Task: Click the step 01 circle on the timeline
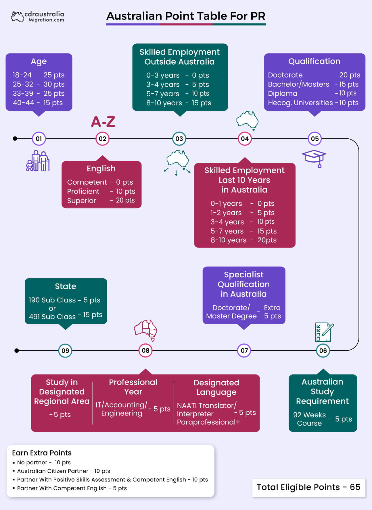(x=39, y=139)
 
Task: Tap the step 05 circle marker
(x=315, y=139)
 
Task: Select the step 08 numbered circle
(x=145, y=350)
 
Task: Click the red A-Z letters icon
(x=103, y=122)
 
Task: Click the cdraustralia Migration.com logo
(x=37, y=16)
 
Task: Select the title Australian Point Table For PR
(x=186, y=16)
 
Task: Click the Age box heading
(x=39, y=61)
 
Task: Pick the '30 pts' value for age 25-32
(x=54, y=84)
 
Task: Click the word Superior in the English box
(x=81, y=200)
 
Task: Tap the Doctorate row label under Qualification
(x=285, y=75)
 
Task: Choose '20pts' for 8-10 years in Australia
(x=267, y=240)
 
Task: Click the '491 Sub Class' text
(x=52, y=316)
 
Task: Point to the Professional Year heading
(x=133, y=387)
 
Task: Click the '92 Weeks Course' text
(x=309, y=419)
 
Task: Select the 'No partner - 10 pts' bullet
(x=44, y=462)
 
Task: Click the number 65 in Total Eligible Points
(x=355, y=487)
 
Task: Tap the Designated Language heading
(x=216, y=387)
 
